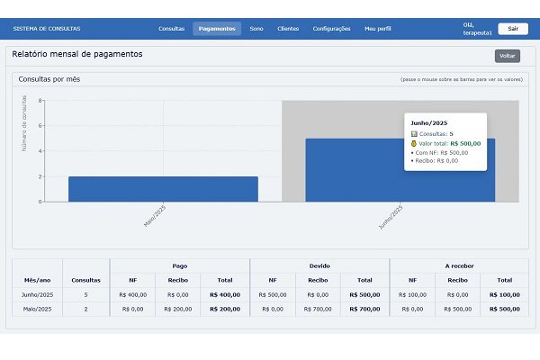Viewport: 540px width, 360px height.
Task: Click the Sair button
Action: [x=512, y=28]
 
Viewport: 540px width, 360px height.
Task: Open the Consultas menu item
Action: [x=171, y=29]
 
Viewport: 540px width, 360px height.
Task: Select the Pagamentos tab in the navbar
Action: [x=217, y=29]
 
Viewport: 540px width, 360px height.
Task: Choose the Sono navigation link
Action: [x=256, y=29]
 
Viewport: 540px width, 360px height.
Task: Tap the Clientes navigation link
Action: [x=289, y=29]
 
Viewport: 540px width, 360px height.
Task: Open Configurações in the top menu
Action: [x=331, y=29]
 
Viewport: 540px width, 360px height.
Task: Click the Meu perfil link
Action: [x=378, y=29]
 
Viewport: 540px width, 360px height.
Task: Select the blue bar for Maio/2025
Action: [x=163, y=189]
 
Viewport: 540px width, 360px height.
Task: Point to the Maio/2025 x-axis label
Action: [x=155, y=216]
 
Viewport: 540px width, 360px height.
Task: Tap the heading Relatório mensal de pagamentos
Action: [x=77, y=54]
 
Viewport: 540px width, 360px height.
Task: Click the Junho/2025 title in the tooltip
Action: [x=429, y=122]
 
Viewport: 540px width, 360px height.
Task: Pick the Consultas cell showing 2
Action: [x=86, y=309]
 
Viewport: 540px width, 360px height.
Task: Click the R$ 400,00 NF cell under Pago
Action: [x=132, y=294]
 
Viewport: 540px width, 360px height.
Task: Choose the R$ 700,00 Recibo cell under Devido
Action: [x=319, y=309]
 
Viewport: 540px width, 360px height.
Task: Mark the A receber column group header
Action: [x=459, y=265]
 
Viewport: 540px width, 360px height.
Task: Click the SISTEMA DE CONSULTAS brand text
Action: [x=47, y=29]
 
